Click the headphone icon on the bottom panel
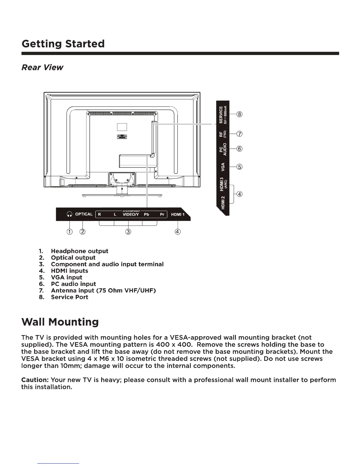[69, 214]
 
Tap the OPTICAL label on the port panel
[84, 214]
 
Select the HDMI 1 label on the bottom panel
[178, 214]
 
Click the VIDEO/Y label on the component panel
[131, 214]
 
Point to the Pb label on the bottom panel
[146, 214]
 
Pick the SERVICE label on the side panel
[221, 114]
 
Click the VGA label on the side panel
[223, 167]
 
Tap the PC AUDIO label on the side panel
[223, 149]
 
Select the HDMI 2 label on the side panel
[223, 202]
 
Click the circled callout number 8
[240, 114]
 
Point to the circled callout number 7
[240, 134]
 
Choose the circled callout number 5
[240, 167]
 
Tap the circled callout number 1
[69, 232]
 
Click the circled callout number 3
[128, 232]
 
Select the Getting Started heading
[63, 44]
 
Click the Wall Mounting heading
[60, 322]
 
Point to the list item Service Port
[69, 297]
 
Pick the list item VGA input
[66, 277]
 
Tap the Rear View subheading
[42, 67]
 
